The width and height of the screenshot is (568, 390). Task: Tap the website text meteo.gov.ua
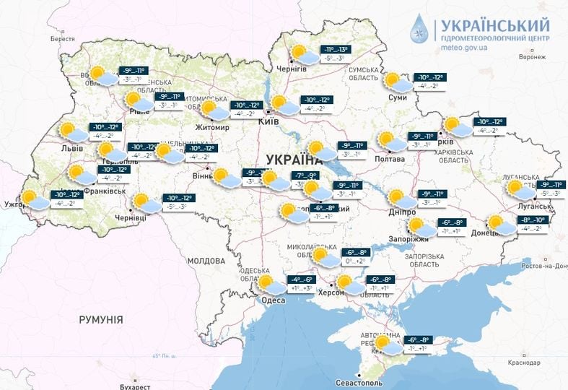click(472, 48)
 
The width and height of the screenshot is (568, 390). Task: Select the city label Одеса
click(274, 300)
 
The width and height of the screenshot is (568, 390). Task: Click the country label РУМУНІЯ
click(101, 319)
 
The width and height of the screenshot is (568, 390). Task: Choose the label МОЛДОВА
click(206, 260)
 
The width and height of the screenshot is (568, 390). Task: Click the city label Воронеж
click(531, 58)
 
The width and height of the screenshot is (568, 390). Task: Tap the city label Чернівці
click(131, 217)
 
